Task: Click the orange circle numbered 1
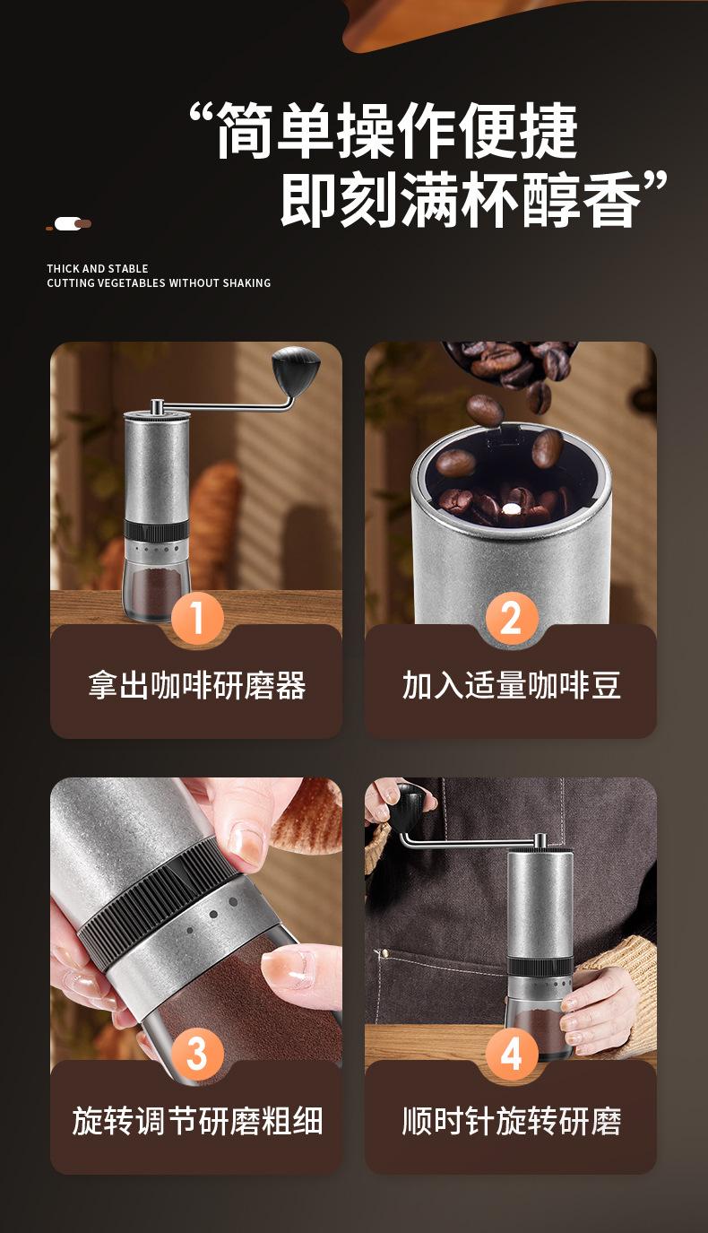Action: click(x=197, y=618)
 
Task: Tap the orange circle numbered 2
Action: click(x=511, y=618)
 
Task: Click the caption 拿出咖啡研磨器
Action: click(x=197, y=686)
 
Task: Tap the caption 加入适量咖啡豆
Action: click(x=511, y=686)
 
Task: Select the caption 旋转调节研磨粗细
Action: click(x=197, y=1121)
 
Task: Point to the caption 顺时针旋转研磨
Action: click(x=511, y=1121)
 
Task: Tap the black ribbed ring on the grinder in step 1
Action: click(x=157, y=530)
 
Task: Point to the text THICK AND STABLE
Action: click(x=98, y=269)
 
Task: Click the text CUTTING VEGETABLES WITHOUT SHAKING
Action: click(x=159, y=283)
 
